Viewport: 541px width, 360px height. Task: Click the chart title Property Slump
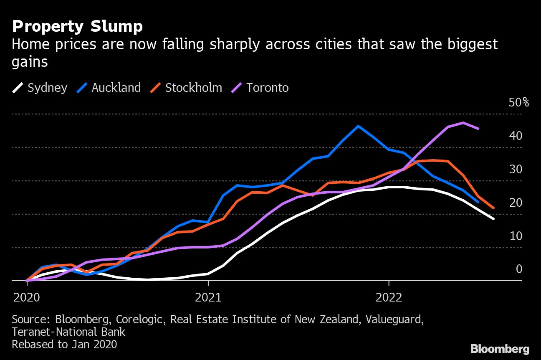tap(77, 27)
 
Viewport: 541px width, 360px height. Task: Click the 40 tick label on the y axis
tap(516, 136)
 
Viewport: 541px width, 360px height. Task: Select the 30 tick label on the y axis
tap(516, 169)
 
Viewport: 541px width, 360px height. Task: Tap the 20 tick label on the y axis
tap(516, 203)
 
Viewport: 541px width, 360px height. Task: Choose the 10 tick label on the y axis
tap(516, 236)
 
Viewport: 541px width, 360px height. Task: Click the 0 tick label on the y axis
tap(519, 269)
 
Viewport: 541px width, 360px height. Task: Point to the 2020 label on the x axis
tap(27, 297)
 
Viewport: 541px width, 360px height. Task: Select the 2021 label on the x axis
tap(208, 297)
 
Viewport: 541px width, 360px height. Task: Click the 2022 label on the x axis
tap(389, 297)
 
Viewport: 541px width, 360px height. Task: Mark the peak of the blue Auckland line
tap(358, 126)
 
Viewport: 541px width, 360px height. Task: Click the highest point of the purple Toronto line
tap(463, 123)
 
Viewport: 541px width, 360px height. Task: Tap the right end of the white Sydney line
tap(493, 218)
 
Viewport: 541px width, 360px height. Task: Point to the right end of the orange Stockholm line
tap(493, 208)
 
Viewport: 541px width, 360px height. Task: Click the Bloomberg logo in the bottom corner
tap(500, 349)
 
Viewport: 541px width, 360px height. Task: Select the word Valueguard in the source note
tap(394, 319)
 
